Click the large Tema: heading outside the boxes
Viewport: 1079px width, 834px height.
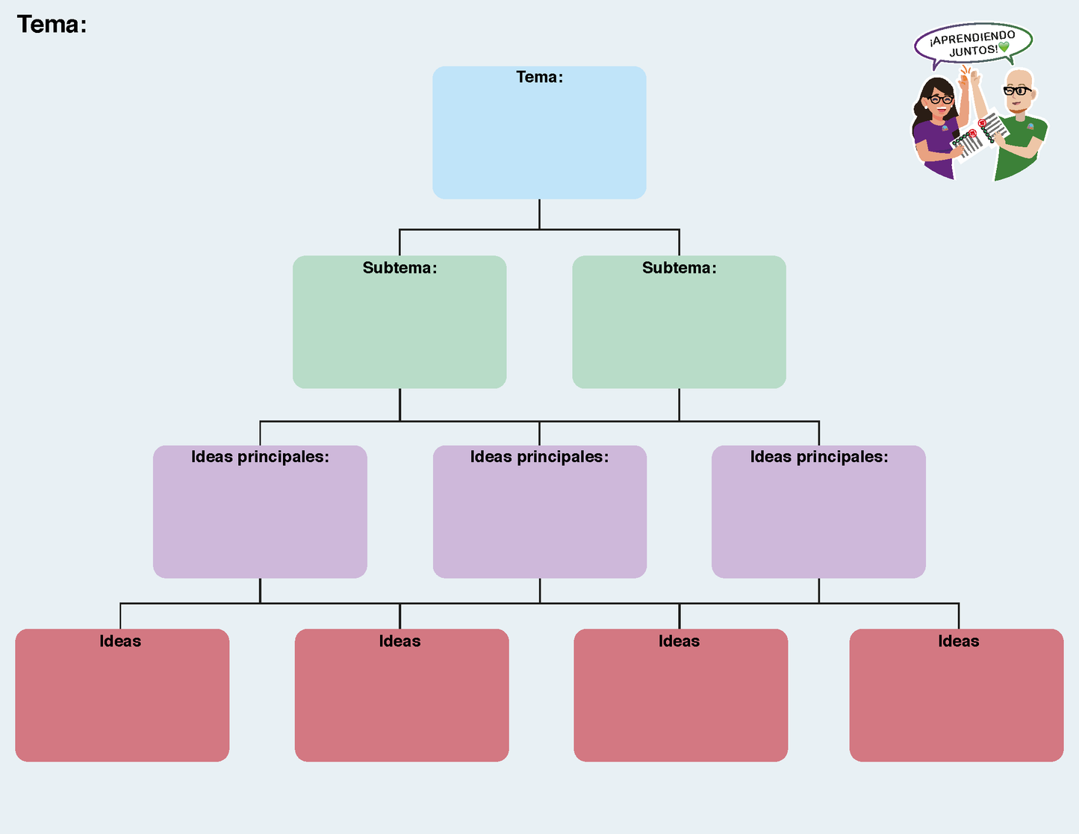pos(52,25)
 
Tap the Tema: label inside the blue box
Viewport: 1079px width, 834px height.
pos(539,77)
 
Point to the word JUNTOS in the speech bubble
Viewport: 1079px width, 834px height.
pos(972,52)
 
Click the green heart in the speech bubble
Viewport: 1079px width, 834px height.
pos(1004,47)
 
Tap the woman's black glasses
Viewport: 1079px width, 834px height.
pos(940,99)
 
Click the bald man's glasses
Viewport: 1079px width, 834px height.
pos(1017,91)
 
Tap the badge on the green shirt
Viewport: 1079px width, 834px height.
pos(1030,127)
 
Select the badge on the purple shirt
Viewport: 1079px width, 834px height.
pos(944,128)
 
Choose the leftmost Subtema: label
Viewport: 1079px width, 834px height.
pos(399,268)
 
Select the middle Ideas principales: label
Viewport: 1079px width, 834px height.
pos(539,457)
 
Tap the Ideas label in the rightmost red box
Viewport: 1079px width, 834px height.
pos(958,641)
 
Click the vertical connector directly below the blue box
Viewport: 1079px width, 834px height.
pos(539,214)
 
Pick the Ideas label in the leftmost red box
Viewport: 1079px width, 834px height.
pos(120,641)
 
